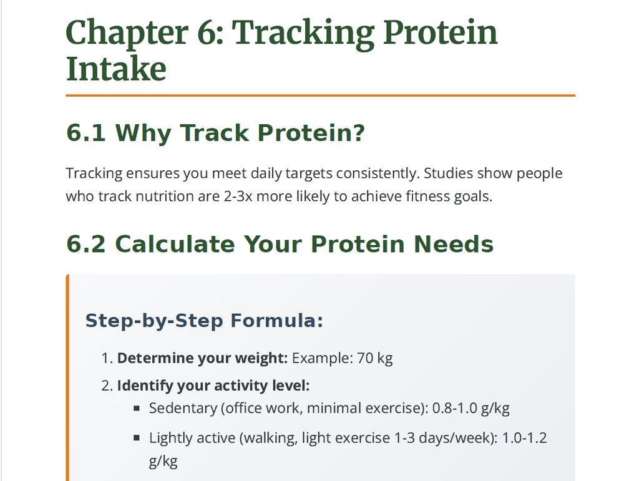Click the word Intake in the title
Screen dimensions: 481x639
click(x=116, y=69)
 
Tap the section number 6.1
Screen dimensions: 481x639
click(x=87, y=133)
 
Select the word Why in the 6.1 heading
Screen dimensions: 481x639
click(x=143, y=133)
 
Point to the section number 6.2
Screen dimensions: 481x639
click(x=87, y=244)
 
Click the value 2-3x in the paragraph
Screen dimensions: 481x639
click(x=238, y=197)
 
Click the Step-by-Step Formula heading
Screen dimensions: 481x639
click(x=204, y=321)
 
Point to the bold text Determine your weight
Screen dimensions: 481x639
click(x=202, y=359)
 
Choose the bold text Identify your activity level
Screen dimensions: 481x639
click(x=213, y=386)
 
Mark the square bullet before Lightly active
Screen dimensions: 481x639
click(x=137, y=438)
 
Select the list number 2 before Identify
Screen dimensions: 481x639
click(x=106, y=386)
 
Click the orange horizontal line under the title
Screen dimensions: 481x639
click(x=320, y=95)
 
